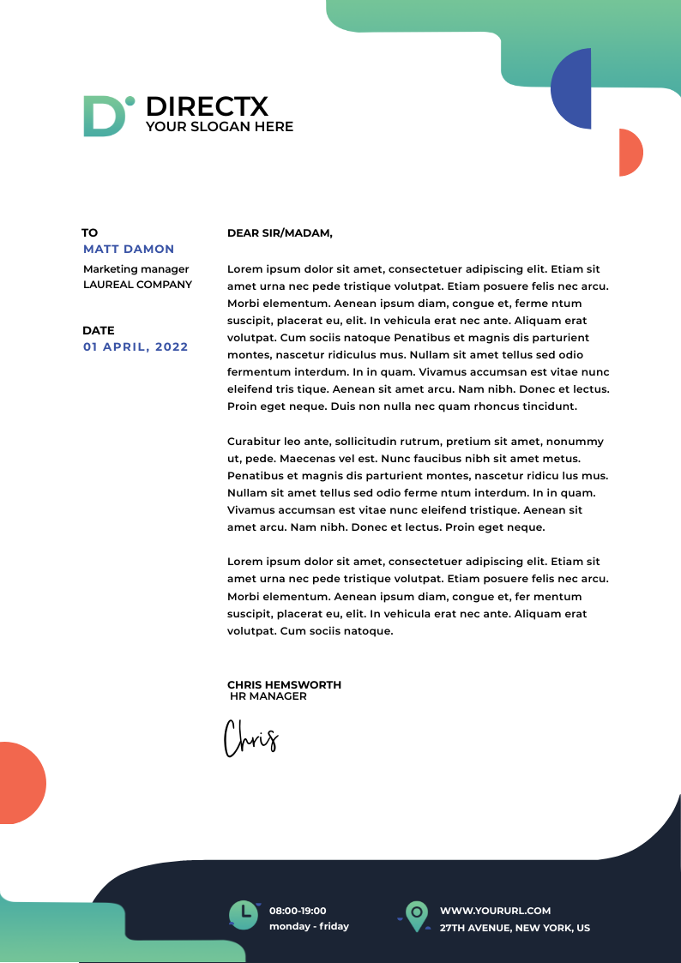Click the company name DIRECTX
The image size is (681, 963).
(x=207, y=106)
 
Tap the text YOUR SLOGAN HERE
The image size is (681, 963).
(x=220, y=127)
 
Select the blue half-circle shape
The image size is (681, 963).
(x=574, y=88)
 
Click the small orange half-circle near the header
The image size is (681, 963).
(x=629, y=153)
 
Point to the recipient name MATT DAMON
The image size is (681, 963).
(x=129, y=250)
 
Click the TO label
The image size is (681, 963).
(x=90, y=232)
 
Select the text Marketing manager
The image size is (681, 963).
(x=136, y=269)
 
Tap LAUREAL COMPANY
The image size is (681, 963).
(x=137, y=285)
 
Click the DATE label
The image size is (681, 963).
(x=99, y=330)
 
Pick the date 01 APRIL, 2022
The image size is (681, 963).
(x=136, y=347)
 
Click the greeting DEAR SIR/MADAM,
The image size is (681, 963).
(x=280, y=232)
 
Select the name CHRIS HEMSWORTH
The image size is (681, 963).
(x=284, y=685)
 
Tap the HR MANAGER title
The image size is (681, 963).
(x=268, y=696)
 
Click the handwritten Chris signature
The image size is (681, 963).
(x=250, y=739)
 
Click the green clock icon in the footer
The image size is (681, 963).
(x=243, y=915)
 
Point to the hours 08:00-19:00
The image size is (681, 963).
(x=298, y=911)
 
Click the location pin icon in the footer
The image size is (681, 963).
(x=417, y=916)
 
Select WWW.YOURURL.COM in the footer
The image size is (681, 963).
(x=495, y=911)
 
